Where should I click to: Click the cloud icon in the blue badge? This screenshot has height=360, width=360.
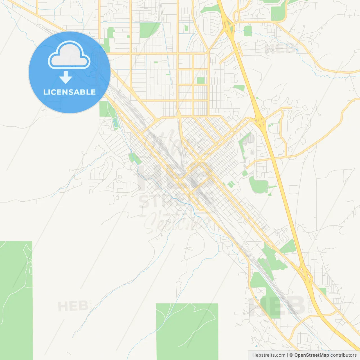click(x=69, y=55)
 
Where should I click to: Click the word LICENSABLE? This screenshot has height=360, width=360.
click(x=69, y=92)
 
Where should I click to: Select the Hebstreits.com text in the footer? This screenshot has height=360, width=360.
click(x=269, y=355)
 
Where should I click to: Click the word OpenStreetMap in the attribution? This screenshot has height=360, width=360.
click(x=311, y=355)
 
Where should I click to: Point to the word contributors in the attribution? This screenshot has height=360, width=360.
click(x=343, y=355)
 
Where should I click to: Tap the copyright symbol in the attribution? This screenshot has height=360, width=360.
click(x=291, y=355)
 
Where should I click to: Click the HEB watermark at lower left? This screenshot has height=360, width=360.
click(x=73, y=306)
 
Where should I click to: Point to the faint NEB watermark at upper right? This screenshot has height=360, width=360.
click(x=280, y=49)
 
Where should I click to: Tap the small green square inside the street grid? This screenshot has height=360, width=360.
click(x=201, y=80)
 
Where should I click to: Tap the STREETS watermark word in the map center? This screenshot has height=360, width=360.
click(x=176, y=200)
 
